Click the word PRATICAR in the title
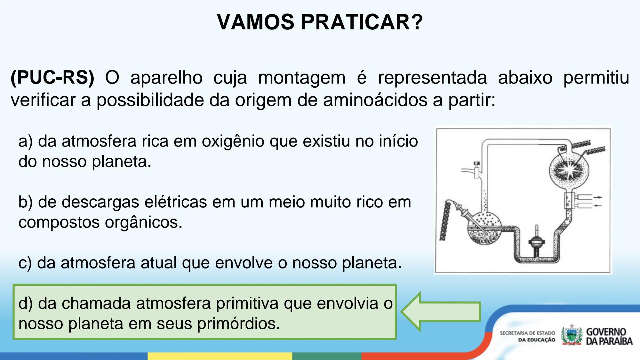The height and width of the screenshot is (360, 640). tap(362, 22)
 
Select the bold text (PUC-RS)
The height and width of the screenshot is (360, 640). tap(52, 78)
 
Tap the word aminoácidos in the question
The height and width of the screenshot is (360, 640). tap(375, 100)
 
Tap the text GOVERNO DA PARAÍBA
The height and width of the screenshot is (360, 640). tap(609, 336)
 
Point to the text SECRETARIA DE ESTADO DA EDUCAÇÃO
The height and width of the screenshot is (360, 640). tap(527, 336)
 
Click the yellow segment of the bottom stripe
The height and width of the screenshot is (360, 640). tap(220, 356)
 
